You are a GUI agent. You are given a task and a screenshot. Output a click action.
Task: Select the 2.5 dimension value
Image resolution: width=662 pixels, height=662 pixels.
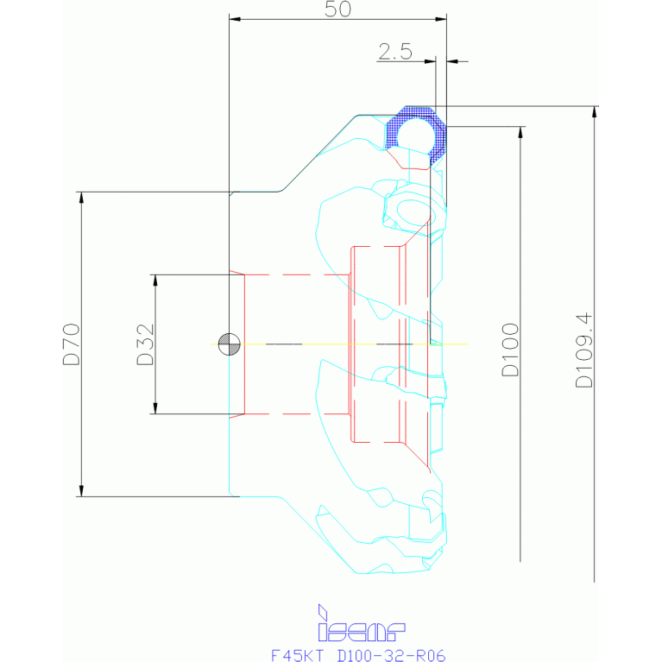pos(394,51)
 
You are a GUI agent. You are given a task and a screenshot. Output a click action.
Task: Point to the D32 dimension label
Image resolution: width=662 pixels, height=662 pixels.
pos(145,344)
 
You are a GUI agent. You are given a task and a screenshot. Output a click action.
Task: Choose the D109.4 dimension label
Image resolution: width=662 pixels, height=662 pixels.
pos(584,350)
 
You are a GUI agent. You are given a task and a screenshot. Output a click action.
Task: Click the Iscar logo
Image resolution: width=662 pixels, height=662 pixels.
pos(361,621)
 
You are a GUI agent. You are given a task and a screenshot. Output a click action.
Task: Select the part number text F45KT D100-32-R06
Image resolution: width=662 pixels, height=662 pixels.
pos(357,654)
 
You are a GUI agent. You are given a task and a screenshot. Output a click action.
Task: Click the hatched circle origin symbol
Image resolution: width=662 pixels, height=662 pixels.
pos(229,344)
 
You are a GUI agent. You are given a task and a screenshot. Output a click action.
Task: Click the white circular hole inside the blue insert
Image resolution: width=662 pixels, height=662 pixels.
pos(419,131)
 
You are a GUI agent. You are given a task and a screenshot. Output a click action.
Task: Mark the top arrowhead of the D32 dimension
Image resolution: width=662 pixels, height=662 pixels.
pos(155,281)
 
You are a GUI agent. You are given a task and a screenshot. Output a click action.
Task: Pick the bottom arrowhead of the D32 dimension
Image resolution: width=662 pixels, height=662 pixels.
pos(155,408)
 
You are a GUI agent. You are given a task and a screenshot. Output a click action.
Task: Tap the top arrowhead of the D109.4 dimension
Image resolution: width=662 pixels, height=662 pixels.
pos(594,111)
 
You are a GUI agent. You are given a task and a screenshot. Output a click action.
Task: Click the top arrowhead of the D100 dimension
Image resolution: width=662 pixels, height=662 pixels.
pos(520,132)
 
